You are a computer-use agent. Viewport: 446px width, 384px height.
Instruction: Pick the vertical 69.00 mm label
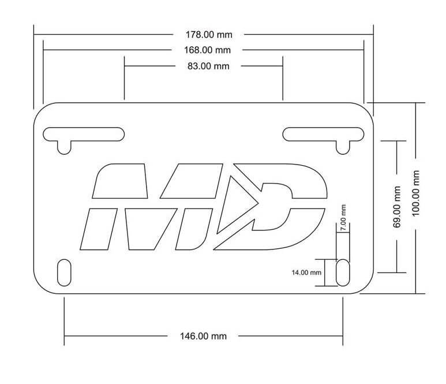pyautogui.click(x=397, y=207)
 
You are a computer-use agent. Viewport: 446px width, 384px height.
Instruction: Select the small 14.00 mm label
pyautogui.click(x=306, y=272)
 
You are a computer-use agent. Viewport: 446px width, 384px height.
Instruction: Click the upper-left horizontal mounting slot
pyautogui.click(x=84, y=134)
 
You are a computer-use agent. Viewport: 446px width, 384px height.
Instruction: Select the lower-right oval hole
pyautogui.click(x=343, y=273)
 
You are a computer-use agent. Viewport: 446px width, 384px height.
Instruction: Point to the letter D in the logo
pyautogui.click(x=288, y=208)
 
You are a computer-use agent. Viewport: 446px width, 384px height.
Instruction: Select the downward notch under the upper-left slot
pyautogui.click(x=64, y=147)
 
